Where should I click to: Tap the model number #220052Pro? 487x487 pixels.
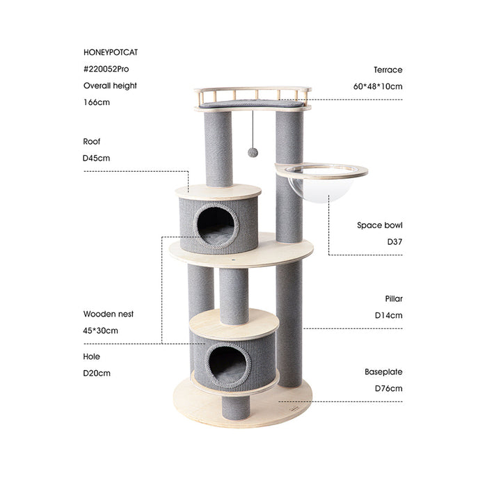tap(106, 69)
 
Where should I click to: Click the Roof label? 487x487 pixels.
tap(92, 141)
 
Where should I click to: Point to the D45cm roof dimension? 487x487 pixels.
tap(97, 158)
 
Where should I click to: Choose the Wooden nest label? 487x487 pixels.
tap(108, 314)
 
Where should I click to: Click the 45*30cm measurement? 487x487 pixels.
tap(100, 330)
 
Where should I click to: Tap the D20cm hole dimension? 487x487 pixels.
tap(97, 373)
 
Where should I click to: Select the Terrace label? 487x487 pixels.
tap(388, 70)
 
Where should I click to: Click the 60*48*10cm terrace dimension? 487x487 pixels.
tap(378, 86)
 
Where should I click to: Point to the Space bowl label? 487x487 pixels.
tap(380, 225)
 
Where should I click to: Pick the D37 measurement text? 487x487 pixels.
tap(392, 242)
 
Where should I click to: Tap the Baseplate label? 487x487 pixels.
tap(383, 372)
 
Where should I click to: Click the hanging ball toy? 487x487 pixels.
tap(252, 152)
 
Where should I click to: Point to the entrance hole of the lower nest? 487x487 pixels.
tap(229, 365)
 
